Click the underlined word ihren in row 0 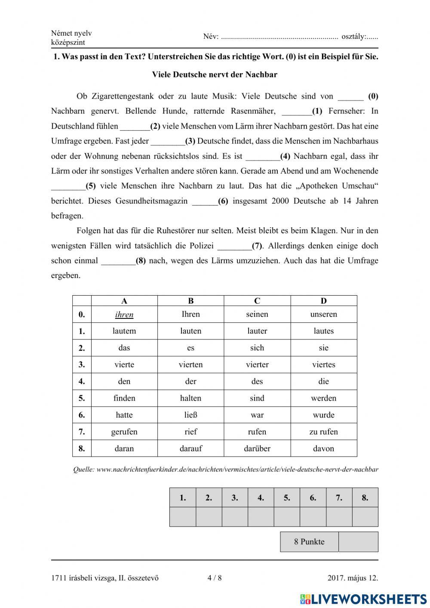coord(124,315)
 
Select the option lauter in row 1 coord(257,331)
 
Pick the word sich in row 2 coord(257,348)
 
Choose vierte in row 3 coord(124,364)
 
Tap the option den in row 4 coord(124,381)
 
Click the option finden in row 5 coord(124,398)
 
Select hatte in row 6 coord(124,415)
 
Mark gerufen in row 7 coord(124,432)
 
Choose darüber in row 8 coord(257,448)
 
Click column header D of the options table coord(324,301)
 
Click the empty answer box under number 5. coord(287,517)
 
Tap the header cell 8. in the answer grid coord(365,498)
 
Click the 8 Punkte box coord(309,542)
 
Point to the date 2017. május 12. coord(353,578)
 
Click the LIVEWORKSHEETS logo coord(363,599)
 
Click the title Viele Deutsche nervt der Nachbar coord(215,74)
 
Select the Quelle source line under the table coord(225,469)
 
